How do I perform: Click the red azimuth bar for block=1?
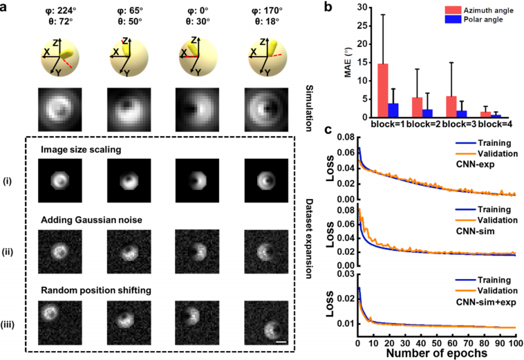382,91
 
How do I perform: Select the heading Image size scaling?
98,146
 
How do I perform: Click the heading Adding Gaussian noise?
104,219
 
